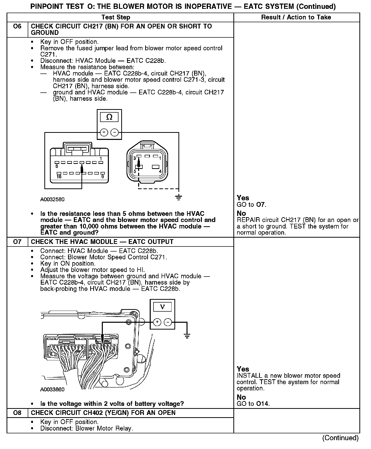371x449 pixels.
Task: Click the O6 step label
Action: [x=17, y=26]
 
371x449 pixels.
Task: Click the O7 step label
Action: [x=17, y=242]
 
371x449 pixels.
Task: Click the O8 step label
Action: [x=17, y=413]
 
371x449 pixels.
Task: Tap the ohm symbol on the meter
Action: [x=109, y=117]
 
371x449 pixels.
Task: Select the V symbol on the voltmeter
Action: [x=162, y=307]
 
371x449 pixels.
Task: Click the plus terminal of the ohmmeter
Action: [x=104, y=132]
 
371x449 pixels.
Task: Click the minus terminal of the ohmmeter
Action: [x=115, y=132]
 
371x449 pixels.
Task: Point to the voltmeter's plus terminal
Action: [x=157, y=322]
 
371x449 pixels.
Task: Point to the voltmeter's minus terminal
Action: [x=168, y=322]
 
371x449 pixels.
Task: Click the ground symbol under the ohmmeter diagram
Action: [x=178, y=198]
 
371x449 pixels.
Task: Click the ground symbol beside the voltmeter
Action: [x=187, y=336]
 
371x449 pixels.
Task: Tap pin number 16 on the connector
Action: [x=59, y=177]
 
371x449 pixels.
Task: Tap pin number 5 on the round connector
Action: [x=135, y=171]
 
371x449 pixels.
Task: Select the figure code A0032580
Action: [x=52, y=199]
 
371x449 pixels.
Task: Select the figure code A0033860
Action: [x=52, y=389]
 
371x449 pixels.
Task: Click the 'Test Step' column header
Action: [x=116, y=17]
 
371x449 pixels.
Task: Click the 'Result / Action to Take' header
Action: [x=296, y=17]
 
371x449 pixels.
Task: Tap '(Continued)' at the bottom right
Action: [x=340, y=438]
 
